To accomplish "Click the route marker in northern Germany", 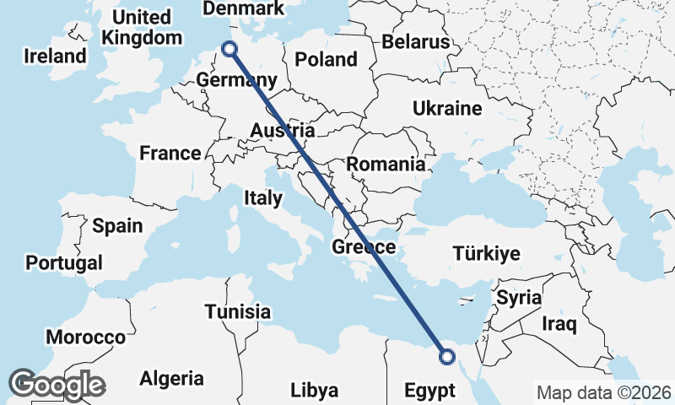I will tap(228, 49).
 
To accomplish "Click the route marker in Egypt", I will tap(447, 357).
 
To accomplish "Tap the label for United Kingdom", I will tap(141, 27).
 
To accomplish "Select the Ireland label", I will tap(55, 57).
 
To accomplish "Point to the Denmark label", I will tap(244, 8).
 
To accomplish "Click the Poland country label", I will tap(326, 59).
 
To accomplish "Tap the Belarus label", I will tap(416, 41).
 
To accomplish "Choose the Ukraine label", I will tap(447, 108).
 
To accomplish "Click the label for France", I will tap(170, 154).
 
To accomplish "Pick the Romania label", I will tap(386, 165).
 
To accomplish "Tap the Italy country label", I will tap(262, 197).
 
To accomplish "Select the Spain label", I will tap(117, 226).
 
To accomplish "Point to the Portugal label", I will tap(64, 262).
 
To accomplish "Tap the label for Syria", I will tap(518, 298).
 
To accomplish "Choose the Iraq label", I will tap(559, 323).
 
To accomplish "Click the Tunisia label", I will tap(238, 312).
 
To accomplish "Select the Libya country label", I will tap(314, 391).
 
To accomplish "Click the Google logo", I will tap(57, 385).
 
